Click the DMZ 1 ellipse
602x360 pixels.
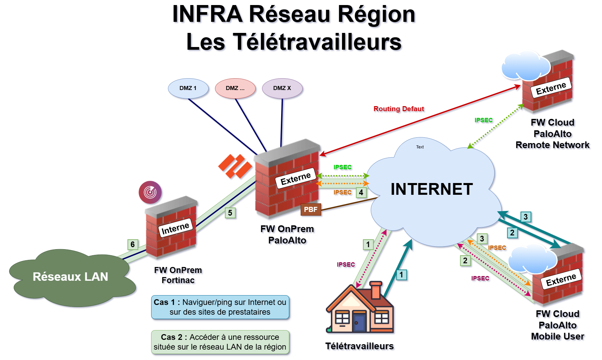pos(188,88)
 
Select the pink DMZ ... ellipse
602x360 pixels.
pos(235,88)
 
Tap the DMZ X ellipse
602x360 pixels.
pos(282,88)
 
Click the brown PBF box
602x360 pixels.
pos(311,210)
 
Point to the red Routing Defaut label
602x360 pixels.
pos(399,109)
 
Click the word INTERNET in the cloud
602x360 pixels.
pos(432,189)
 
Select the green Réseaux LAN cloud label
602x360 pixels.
pos(70,277)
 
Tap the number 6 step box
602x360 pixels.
pos(133,244)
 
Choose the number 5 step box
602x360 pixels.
pos(230,213)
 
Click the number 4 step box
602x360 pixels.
pos(361,192)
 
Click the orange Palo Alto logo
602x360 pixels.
pos(235,166)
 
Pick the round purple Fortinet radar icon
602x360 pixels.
pos(150,192)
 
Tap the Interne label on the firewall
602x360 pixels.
pos(175,228)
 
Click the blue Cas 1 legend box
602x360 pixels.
pos(220,307)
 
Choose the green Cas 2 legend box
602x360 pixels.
pos(220,342)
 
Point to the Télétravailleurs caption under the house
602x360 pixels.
pos(359,346)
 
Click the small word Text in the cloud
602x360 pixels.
pos(420,147)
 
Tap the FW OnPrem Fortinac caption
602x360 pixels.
pos(178,275)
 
